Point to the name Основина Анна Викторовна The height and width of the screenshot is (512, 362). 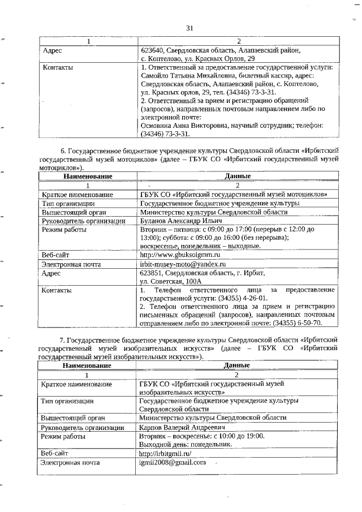[x=187, y=126]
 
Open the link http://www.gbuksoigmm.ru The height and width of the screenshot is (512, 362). [x=179, y=255]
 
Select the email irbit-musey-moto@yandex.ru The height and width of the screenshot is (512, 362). [x=183, y=264]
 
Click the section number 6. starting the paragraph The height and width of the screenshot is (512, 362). [x=63, y=152]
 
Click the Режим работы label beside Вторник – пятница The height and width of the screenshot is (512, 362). [x=64, y=230]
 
